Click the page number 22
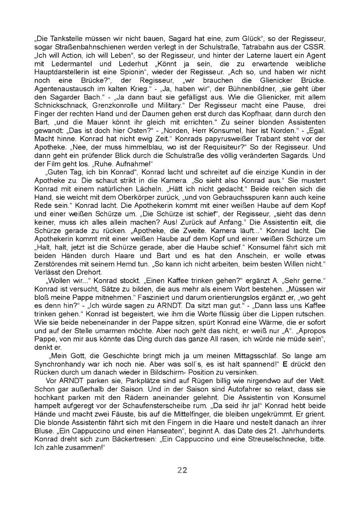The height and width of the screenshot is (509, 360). coord(182,470)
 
